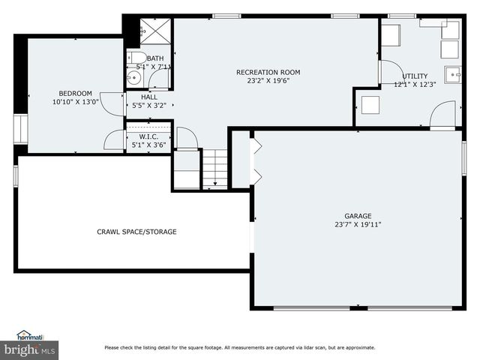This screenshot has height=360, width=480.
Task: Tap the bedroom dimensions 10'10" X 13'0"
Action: coord(75,102)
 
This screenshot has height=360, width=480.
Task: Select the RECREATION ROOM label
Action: coord(268,72)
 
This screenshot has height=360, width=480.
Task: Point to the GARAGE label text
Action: coord(358,215)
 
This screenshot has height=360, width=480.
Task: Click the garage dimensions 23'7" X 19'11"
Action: coord(358,224)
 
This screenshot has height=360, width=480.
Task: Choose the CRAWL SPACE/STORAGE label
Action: coord(136,232)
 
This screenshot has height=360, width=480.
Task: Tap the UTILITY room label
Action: coord(415,76)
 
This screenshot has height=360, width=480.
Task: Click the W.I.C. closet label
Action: coord(148,136)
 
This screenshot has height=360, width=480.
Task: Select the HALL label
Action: coord(149,97)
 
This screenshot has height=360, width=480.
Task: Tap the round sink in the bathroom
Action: coord(134,76)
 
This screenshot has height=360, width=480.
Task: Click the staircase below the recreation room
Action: coord(214,168)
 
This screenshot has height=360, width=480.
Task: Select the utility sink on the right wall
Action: coord(453,74)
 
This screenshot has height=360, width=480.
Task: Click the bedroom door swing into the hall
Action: coord(112,104)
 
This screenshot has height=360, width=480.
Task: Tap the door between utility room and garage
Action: coord(442,115)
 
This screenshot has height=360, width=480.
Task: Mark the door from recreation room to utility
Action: coord(388,72)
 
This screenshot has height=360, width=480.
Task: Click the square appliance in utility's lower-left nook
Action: coord(370,104)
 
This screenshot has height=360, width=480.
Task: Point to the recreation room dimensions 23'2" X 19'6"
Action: coord(268,81)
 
